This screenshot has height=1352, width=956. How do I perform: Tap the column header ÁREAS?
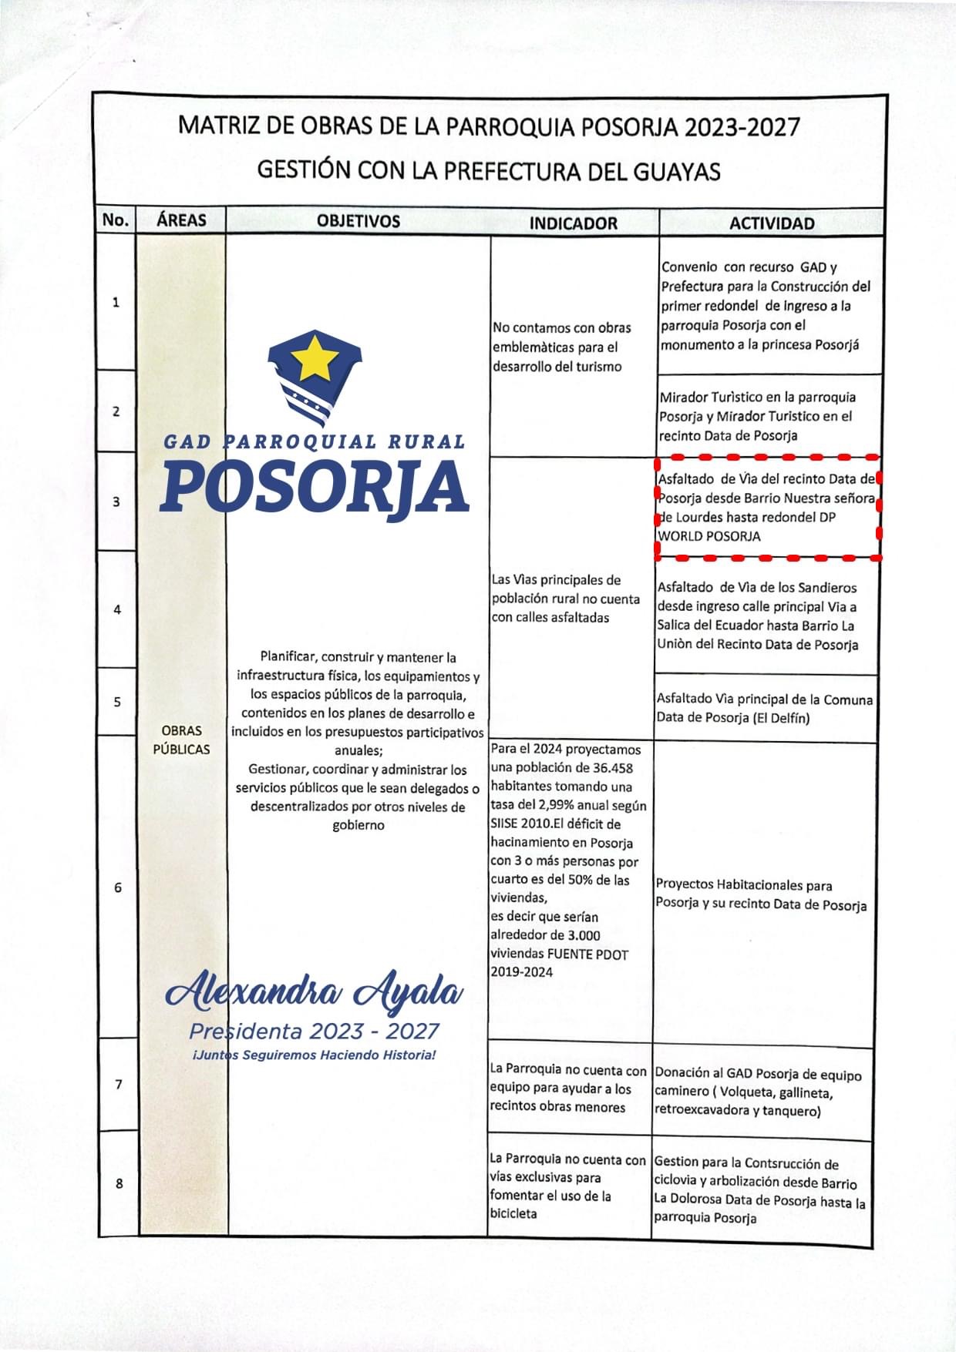pos(181,220)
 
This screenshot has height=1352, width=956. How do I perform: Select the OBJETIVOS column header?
pos(358,221)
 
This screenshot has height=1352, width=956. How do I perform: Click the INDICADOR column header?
pos(573,223)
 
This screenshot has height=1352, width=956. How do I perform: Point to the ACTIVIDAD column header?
pos(772,223)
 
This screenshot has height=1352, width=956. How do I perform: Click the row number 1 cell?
pos(116,302)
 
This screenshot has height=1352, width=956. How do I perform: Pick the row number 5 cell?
pos(117,702)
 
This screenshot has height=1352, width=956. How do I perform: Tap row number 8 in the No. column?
pos(119,1183)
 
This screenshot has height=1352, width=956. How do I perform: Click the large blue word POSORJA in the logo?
pos(315,486)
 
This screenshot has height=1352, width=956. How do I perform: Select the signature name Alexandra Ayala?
pos(315,993)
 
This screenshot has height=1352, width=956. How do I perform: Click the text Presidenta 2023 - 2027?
pos(315,1031)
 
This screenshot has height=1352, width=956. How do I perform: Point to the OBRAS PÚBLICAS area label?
pos(181,740)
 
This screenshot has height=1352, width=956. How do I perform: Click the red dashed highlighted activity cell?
pos(767,507)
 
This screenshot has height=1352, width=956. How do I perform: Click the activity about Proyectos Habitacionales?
pos(760,895)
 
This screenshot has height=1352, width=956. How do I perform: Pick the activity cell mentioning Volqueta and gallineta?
pos(758,1092)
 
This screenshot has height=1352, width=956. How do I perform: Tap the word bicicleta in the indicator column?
pos(513,1214)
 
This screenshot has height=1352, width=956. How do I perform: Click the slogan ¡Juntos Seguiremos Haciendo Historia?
pos(315,1055)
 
